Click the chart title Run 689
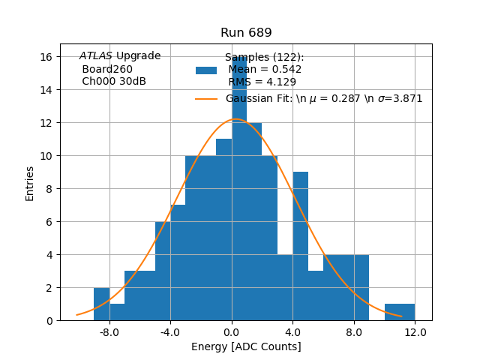pos(246,33)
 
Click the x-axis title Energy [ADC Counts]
pos(246,346)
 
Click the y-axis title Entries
pos(30,183)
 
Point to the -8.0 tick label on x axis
pos(109,331)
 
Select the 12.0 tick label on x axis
pos(415,331)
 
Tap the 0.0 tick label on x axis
pos(231,331)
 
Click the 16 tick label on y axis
pos(45,57)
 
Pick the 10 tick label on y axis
pos(45,156)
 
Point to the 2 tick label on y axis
pos(48,288)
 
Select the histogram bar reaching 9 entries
pos(300,247)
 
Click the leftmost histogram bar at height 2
pos(101,304)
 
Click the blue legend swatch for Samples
pos(206,70)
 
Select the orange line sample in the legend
pos(206,99)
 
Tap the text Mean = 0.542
pos(265,70)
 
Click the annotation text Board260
pos(107,69)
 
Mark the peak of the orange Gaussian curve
pos(235,119)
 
